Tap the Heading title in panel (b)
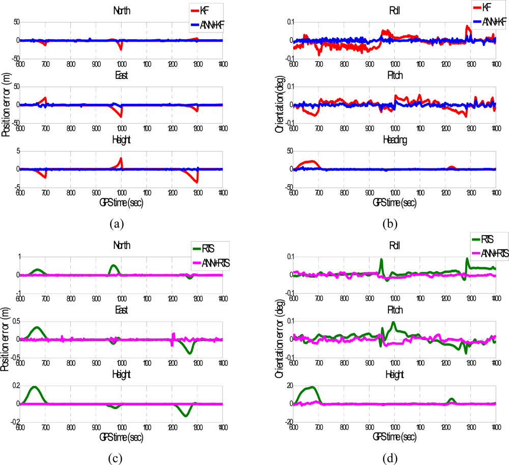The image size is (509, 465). pyautogui.click(x=394, y=145)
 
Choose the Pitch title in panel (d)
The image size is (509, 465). pyautogui.click(x=394, y=309)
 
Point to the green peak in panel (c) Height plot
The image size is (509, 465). pyautogui.click(x=34, y=387)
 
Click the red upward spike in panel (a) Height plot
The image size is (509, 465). pyautogui.click(x=121, y=158)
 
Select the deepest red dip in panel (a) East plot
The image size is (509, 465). pyautogui.click(x=121, y=117)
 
